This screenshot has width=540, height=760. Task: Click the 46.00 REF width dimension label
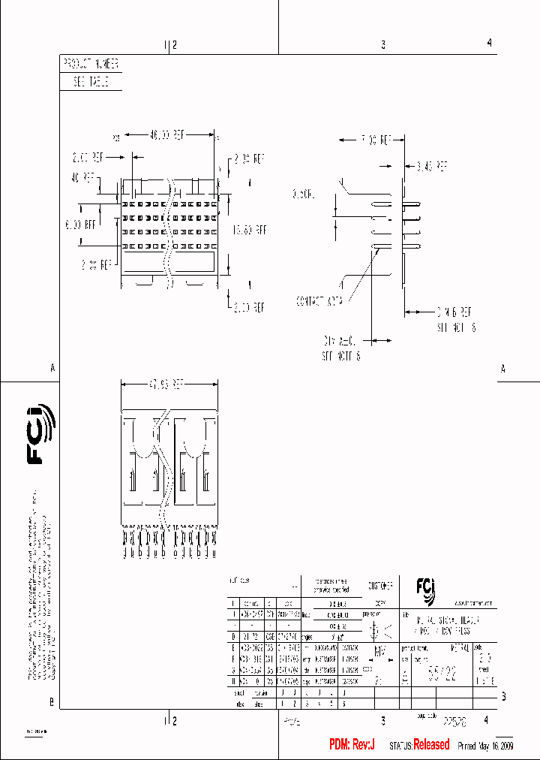166,135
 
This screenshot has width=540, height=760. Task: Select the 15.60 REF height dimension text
248,230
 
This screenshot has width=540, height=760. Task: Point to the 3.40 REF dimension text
432,166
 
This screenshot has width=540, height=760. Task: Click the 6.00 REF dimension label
81,224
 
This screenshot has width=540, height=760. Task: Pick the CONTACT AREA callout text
319,301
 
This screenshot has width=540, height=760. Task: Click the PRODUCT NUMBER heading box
90,65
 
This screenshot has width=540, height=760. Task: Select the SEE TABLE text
90,83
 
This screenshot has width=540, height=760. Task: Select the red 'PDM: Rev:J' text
352,744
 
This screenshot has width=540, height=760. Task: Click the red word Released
431,744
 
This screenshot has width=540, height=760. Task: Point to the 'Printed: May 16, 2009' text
485,746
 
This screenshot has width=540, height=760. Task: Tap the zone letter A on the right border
502,369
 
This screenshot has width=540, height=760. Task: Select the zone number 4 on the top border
489,44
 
